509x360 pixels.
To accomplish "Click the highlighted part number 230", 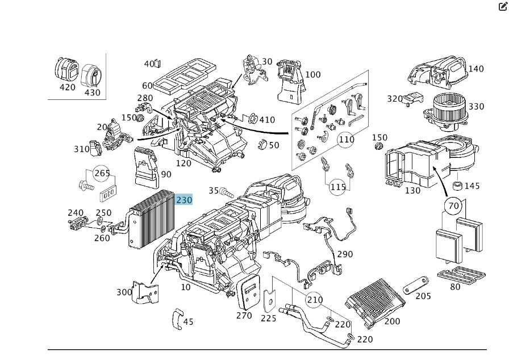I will pyautogui.click(x=184, y=200).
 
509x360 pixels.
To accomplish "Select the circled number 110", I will pyautogui.click(x=346, y=139).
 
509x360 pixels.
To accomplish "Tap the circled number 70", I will pyautogui.click(x=453, y=206).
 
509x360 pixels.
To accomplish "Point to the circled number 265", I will pyautogui.click(x=102, y=173).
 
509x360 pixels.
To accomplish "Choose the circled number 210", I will pyautogui.click(x=314, y=300).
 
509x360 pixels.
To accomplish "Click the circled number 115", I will pyautogui.click(x=338, y=187).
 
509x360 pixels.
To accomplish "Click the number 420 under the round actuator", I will pyautogui.click(x=67, y=87).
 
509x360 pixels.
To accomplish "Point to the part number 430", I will pyautogui.click(x=92, y=93).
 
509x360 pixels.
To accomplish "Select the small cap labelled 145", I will pyautogui.click(x=456, y=186).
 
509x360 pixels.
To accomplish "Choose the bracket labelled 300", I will pyautogui.click(x=146, y=292).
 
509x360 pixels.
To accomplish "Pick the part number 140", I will pyautogui.click(x=476, y=69).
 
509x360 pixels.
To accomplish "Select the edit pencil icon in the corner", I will pyautogui.click(x=503, y=7).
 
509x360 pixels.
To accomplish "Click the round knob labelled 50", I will pyautogui.click(x=261, y=145).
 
